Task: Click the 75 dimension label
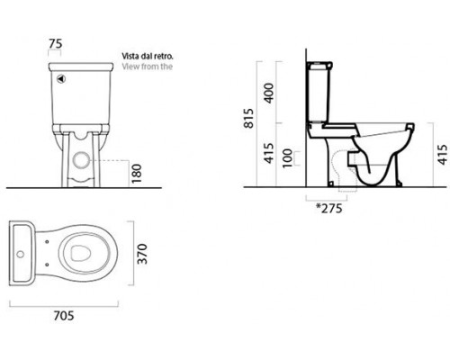coord(56,44)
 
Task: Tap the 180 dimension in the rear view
coord(136,174)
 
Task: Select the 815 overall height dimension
coord(248,118)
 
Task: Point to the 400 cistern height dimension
coord(269,94)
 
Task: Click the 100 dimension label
coord(287,158)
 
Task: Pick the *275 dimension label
coord(329,208)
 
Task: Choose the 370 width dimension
coord(142,254)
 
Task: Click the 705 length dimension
coord(64,316)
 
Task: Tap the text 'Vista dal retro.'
coord(148,56)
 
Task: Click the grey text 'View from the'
coord(148,67)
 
